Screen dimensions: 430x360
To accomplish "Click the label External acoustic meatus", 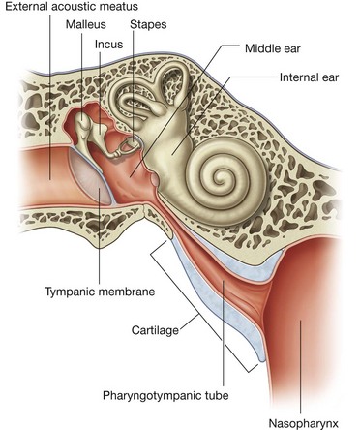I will pyautogui.click(x=69, y=9).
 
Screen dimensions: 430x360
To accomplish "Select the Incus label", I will pyautogui.click(x=110, y=45).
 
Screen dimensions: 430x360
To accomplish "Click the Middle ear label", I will pyautogui.click(x=275, y=46).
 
